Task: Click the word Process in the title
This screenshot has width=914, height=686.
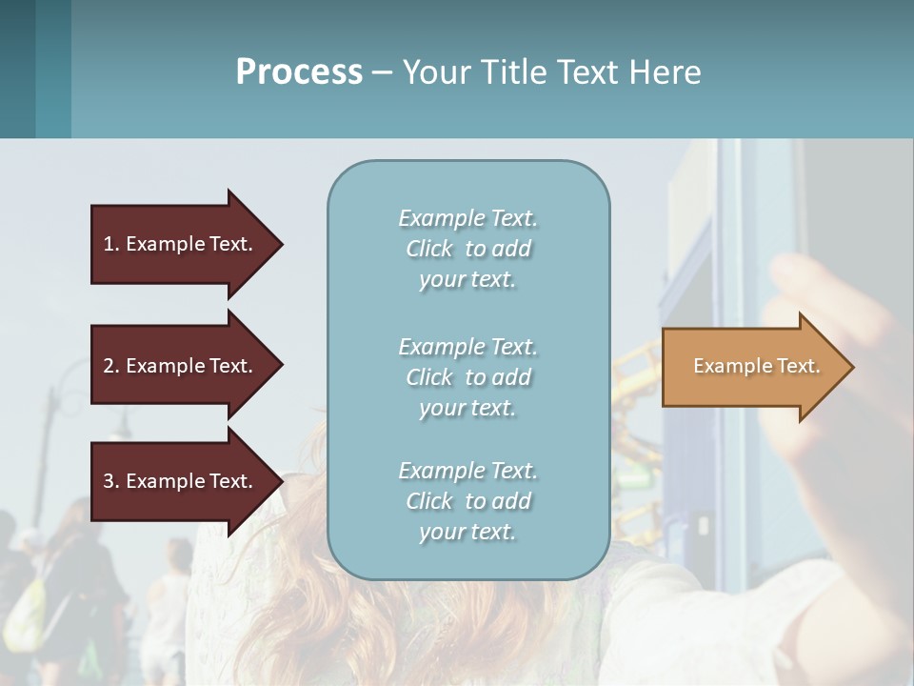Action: coord(299,71)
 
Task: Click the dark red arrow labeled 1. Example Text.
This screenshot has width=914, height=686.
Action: coord(181,244)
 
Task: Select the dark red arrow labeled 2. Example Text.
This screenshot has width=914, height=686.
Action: coord(181,366)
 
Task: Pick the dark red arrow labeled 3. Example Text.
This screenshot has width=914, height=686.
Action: coord(181,481)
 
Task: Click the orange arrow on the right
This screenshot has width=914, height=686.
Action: coord(752,367)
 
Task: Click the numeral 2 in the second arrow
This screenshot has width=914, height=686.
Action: coord(109,366)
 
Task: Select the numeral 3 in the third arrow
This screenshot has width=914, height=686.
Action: coord(109,481)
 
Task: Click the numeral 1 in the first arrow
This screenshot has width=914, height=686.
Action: coord(109,244)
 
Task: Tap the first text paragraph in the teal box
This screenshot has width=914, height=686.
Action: coord(467,249)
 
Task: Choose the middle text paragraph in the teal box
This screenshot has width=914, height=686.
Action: coord(467,377)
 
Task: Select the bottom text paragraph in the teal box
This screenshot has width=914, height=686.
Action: coord(467,501)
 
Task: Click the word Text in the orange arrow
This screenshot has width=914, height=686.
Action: coord(798,366)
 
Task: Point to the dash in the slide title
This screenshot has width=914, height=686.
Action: coord(382,72)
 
